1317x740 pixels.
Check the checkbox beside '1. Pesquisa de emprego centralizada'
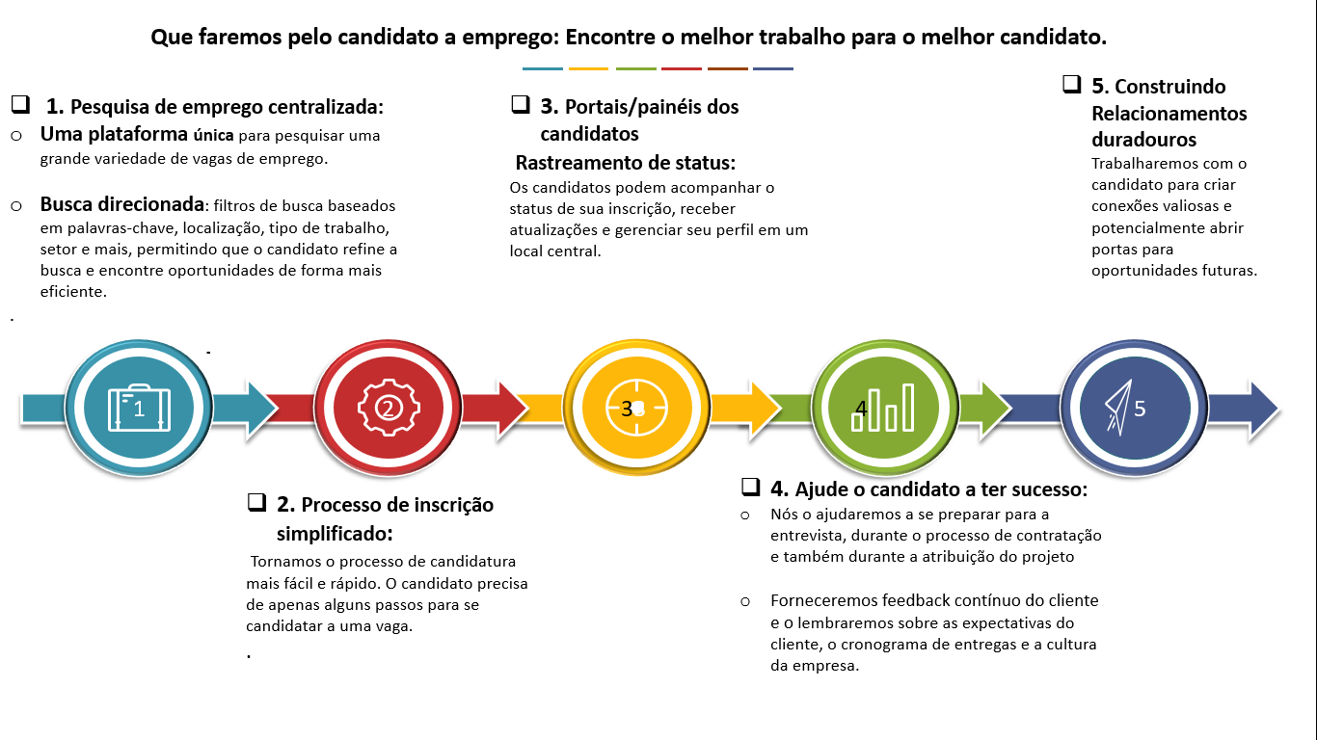tap(19, 104)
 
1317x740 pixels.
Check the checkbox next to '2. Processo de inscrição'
tap(256, 502)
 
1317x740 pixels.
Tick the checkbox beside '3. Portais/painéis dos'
tap(521, 104)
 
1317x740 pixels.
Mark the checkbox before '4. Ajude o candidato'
tap(750, 487)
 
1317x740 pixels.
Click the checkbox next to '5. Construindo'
tap(1071, 84)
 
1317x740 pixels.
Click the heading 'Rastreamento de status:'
tap(625, 162)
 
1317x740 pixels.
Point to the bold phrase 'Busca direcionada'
tap(122, 205)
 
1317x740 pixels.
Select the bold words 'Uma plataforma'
tap(114, 135)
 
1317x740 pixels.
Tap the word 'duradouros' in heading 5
tap(1143, 140)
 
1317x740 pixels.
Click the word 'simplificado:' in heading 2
tap(335, 534)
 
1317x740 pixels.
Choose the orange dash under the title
tap(588, 69)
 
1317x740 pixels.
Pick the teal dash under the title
tap(542, 69)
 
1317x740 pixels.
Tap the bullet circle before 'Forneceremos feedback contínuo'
tap(745, 601)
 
